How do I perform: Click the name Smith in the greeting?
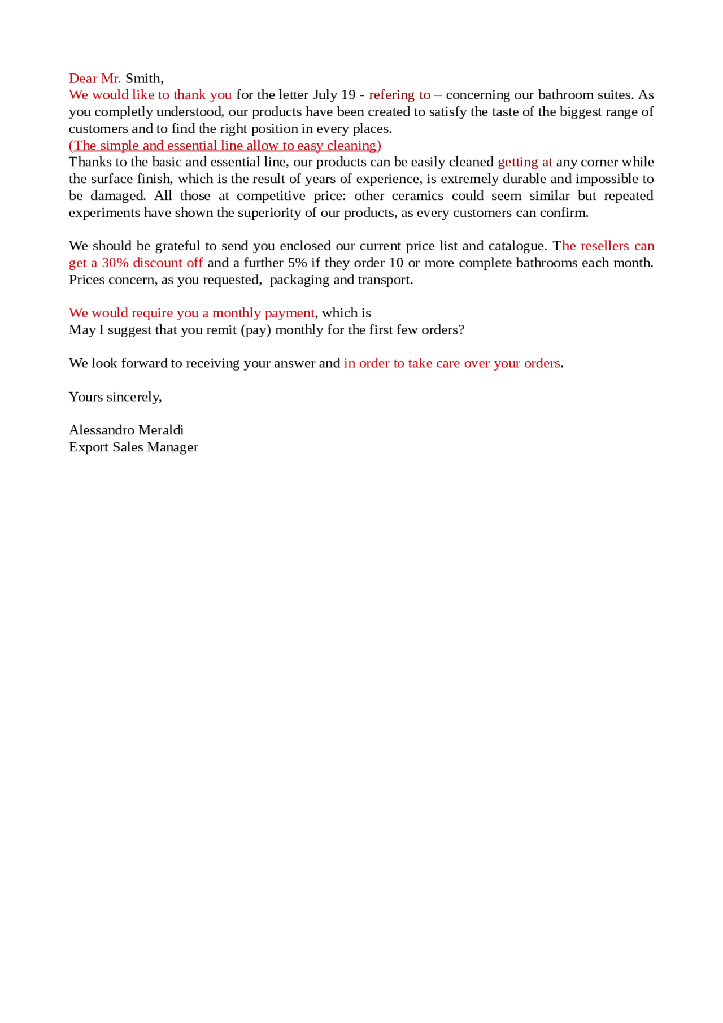point(143,78)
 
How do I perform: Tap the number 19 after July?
point(349,95)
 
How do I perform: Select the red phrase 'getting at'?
point(525,162)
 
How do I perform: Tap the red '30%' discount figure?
point(115,263)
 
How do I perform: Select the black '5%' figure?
point(298,263)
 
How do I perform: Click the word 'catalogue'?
point(517,246)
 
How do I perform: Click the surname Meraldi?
point(161,430)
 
